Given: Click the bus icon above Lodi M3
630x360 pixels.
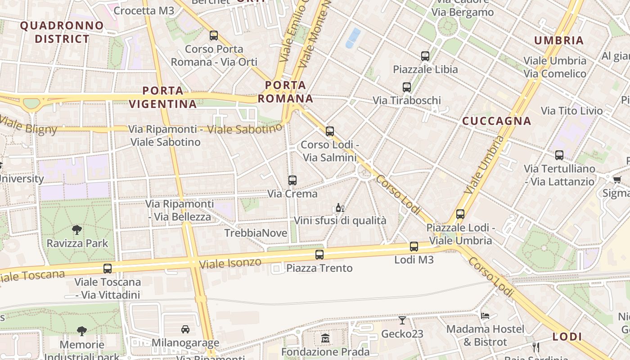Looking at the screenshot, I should pyautogui.click(x=414, y=247).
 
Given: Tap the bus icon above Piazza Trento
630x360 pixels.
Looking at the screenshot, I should pyautogui.click(x=319, y=255).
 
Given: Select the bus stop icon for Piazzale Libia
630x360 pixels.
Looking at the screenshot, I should pyautogui.click(x=425, y=56).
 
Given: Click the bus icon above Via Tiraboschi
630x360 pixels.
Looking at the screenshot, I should pyautogui.click(x=407, y=87).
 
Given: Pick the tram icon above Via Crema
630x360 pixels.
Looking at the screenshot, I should pyautogui.click(x=292, y=180).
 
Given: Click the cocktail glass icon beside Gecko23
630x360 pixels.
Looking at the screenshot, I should pyautogui.click(x=402, y=320).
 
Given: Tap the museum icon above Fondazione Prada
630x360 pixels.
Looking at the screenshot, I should pyautogui.click(x=325, y=338).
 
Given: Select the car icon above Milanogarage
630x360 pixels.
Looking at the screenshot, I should pyautogui.click(x=185, y=329).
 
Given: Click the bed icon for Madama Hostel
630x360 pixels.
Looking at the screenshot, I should pyautogui.click(x=485, y=315).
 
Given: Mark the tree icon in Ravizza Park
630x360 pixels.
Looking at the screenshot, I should pyautogui.click(x=77, y=230).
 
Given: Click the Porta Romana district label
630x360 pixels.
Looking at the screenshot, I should pyautogui.click(x=286, y=92).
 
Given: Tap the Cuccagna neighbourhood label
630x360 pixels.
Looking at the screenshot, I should pyautogui.click(x=497, y=121).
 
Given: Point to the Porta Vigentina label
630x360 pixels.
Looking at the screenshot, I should pyautogui.click(x=163, y=97).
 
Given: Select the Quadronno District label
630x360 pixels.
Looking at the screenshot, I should pyautogui.click(x=62, y=32).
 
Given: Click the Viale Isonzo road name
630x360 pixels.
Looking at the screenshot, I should pyautogui.click(x=230, y=263).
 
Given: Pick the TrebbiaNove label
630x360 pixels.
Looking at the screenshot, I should pyautogui.click(x=256, y=233).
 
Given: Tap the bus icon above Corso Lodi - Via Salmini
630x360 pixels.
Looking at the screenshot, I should pyautogui.click(x=330, y=131).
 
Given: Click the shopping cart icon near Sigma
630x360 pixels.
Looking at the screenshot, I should pyautogui.click(x=617, y=180).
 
